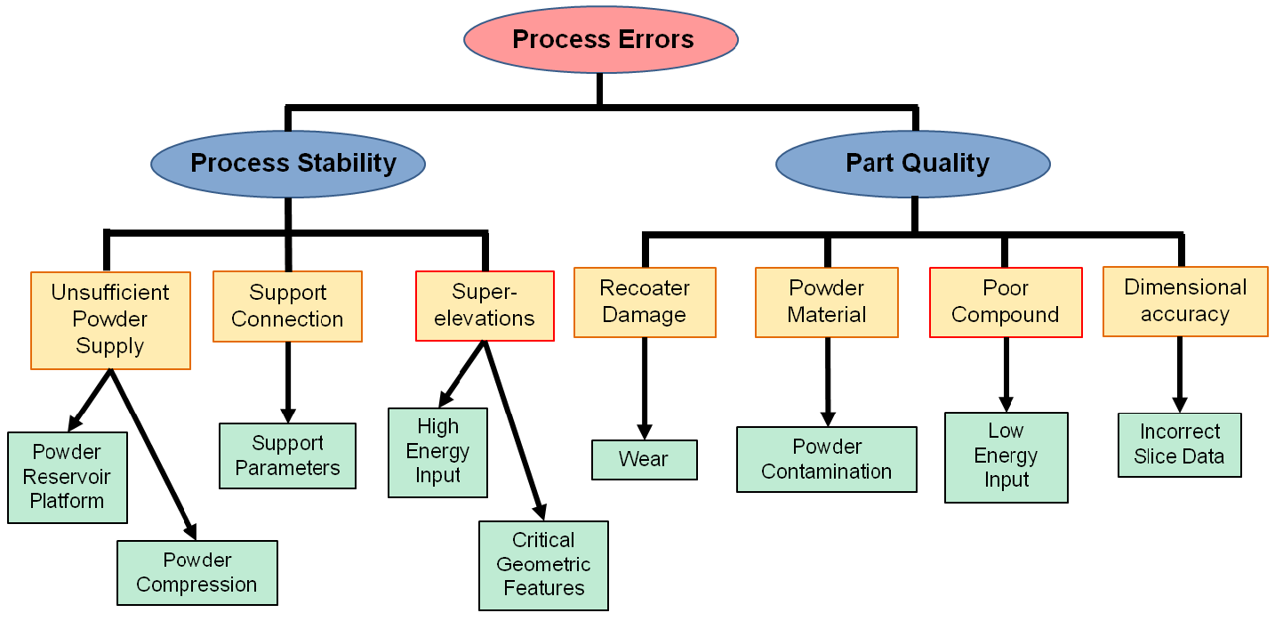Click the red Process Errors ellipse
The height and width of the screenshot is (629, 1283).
tap(601, 39)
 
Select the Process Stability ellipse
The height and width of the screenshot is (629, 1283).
tap(288, 164)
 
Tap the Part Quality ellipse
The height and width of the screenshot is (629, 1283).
tap(913, 164)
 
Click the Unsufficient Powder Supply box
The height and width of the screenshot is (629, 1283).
tap(110, 320)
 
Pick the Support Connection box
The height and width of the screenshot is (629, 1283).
tap(287, 307)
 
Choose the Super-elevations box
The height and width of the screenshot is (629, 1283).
tap(485, 306)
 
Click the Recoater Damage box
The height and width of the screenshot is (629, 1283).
tap(645, 302)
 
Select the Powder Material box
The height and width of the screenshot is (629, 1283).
tap(827, 302)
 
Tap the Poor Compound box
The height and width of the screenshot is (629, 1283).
tap(1006, 302)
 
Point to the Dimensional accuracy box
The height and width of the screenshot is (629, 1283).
tap(1185, 302)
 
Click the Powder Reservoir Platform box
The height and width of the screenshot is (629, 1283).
tap(68, 478)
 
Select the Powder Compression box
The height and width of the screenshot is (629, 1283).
tap(197, 573)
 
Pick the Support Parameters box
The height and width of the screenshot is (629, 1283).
tap(287, 456)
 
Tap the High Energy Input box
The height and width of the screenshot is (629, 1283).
tap(437, 452)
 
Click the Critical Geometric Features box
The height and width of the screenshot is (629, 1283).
tap(543, 565)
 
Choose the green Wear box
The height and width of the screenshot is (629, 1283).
tap(645, 460)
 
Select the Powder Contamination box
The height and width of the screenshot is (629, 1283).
tap(827, 459)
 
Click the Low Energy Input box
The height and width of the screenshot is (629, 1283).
tap(1006, 457)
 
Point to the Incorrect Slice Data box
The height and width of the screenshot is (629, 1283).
tap(1180, 445)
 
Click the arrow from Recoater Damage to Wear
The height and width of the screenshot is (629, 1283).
tap(645, 389)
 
